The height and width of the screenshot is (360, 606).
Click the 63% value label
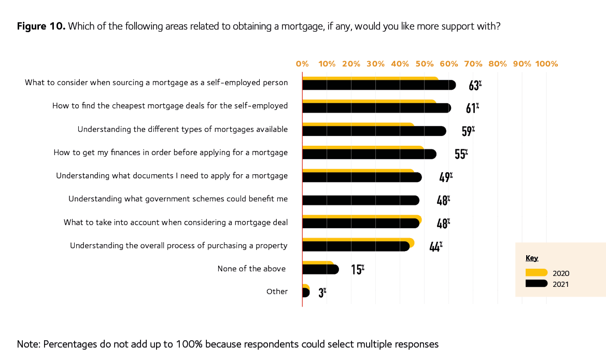(475, 85)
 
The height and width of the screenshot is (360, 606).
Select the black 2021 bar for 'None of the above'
(320, 270)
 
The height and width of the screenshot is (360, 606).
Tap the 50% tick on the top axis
(424, 64)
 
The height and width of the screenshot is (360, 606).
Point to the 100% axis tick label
(546, 64)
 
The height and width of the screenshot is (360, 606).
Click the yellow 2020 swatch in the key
(536, 273)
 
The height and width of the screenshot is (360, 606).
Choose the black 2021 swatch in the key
(536, 283)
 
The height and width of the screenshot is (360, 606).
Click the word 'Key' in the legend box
(532, 258)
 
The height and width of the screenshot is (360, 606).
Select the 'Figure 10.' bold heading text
(41, 26)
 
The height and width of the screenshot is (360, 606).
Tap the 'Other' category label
(277, 292)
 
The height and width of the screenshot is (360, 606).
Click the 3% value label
(322, 293)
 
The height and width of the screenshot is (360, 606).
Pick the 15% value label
(357, 270)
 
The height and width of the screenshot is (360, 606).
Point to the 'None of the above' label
(252, 269)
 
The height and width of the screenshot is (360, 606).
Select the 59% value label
(468, 131)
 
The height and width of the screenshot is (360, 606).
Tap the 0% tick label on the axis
(302, 64)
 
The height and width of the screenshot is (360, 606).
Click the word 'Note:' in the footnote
(29, 344)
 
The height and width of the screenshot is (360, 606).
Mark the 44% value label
(435, 246)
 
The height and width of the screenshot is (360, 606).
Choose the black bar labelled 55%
(369, 154)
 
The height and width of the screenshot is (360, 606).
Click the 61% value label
(472, 108)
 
